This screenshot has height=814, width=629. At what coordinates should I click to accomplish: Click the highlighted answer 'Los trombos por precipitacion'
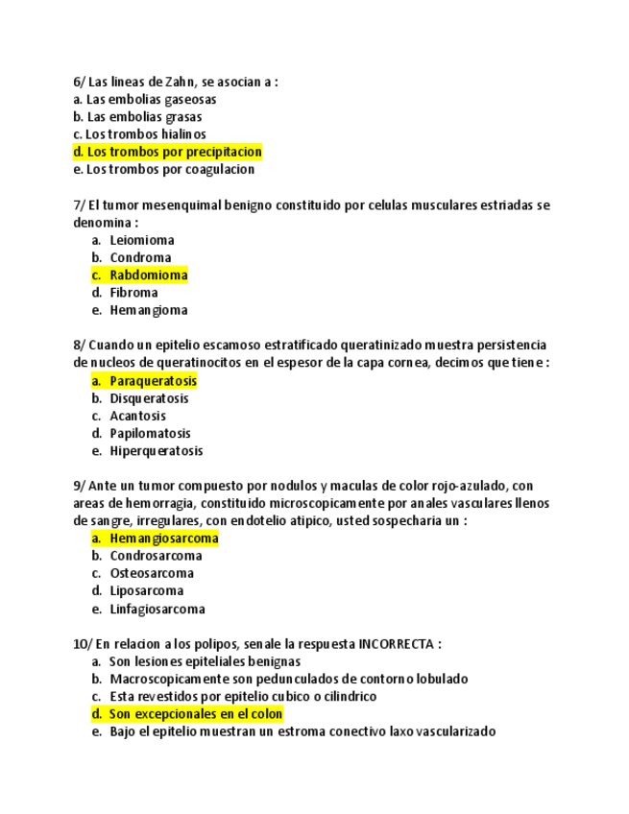173,152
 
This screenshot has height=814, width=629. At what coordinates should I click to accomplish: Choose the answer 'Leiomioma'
142,240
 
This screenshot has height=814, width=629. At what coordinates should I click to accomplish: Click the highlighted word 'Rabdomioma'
149,275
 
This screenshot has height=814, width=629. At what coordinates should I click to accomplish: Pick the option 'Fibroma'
134,293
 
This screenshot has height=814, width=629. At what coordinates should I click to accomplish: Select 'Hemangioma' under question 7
149,310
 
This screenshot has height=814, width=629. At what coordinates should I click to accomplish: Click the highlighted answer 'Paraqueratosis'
153,381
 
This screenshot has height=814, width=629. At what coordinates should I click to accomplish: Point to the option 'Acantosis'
138,416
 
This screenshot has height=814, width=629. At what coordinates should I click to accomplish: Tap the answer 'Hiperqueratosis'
157,451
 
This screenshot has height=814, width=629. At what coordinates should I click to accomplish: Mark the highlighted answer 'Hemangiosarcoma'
164,539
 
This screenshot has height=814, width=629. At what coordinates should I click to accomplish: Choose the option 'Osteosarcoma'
152,573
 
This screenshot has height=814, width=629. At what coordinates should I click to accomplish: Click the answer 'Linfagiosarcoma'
157,609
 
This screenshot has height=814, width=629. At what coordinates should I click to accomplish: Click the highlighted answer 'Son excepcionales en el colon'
196,714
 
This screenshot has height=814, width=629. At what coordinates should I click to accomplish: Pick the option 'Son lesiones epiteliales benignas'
205,661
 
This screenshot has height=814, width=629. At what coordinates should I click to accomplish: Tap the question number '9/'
80,486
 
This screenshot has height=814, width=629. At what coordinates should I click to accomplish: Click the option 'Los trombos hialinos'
146,134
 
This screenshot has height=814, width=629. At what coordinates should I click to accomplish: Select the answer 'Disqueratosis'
149,398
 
